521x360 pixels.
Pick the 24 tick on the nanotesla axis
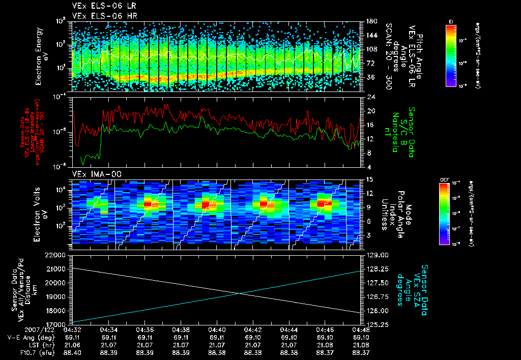[x=371, y=97]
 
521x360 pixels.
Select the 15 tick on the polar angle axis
[x=370, y=179]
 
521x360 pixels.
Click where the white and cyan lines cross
[x=240, y=293]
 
